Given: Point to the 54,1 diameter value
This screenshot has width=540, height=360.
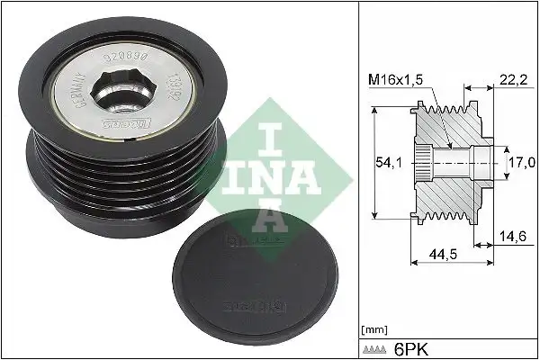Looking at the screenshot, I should tap(386, 161).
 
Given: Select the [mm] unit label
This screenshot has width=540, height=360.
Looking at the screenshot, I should tap(373, 328).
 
